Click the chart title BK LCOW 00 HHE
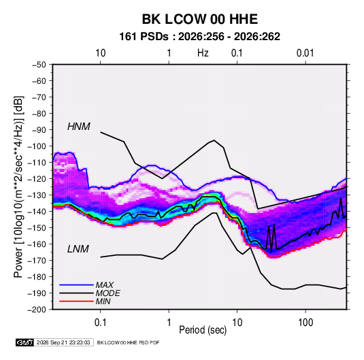pos(200,19)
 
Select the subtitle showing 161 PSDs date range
pos(199,37)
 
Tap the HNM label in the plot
pos(79,127)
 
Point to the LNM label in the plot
pos(78,249)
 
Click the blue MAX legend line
pos(76,285)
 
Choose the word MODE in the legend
pos(107,293)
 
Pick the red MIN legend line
pos(76,301)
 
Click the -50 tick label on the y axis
pos(39,65)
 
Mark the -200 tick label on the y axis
pos(37,310)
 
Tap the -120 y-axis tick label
pos(37,179)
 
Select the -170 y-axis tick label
pos(37,261)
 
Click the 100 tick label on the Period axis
pos(305,323)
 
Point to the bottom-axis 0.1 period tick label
pos(100,323)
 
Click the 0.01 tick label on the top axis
pos(305,53)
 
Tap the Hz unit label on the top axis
pos(203,53)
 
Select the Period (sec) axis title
pos(203,330)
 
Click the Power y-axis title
pos(18,187)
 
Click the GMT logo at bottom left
pos(25,342)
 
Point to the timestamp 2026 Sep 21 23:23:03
pos(63,342)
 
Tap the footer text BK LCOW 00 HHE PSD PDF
pos(128,343)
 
